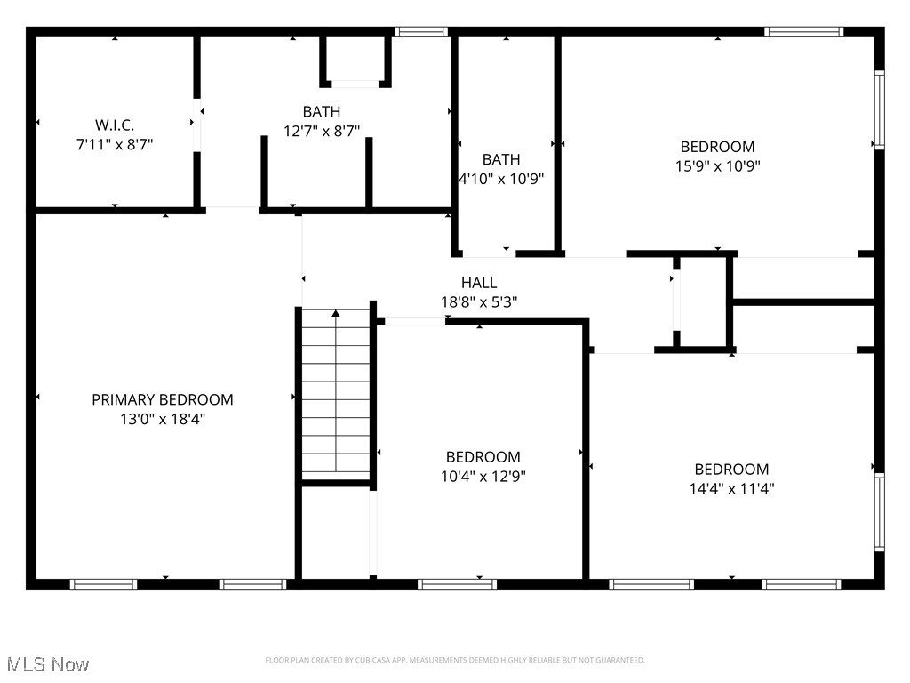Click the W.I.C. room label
pyautogui.click(x=115, y=125)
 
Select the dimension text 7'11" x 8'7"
pyautogui.click(x=115, y=143)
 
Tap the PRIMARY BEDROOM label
pyautogui.click(x=163, y=400)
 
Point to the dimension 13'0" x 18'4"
pyautogui.click(x=163, y=419)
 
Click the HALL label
pyautogui.click(x=479, y=283)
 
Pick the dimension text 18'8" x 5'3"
pyautogui.click(x=479, y=301)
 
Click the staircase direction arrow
pyautogui.click(x=336, y=314)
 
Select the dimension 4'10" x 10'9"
pyautogui.click(x=501, y=178)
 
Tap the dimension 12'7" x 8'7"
pyautogui.click(x=321, y=130)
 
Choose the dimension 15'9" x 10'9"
pyautogui.click(x=717, y=165)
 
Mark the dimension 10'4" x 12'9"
pyautogui.click(x=483, y=476)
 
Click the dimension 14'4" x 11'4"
pyautogui.click(x=731, y=487)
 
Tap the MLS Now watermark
pyautogui.click(x=47, y=664)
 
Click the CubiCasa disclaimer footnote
pyautogui.click(x=455, y=660)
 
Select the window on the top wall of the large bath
pyautogui.click(x=420, y=32)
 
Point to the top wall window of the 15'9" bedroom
pyautogui.click(x=803, y=32)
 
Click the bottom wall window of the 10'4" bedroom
pyautogui.click(x=457, y=584)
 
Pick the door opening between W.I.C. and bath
pyautogui.click(x=196, y=125)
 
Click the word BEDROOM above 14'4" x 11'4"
pyautogui.click(x=731, y=470)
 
